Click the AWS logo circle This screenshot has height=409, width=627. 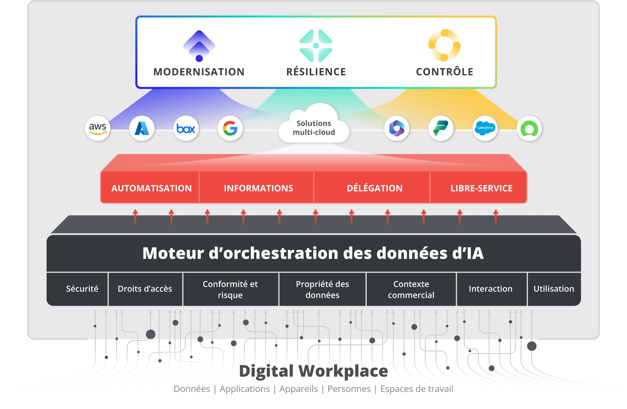(x=98, y=128)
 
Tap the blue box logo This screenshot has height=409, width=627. (x=186, y=128)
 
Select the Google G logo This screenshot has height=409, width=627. (x=230, y=128)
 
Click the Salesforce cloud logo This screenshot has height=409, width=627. (x=485, y=128)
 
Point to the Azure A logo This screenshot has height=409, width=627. (x=142, y=128)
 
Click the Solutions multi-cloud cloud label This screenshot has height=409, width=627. (x=314, y=128)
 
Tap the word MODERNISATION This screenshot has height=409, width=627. (x=199, y=72)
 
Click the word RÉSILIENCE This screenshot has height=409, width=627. (x=316, y=72)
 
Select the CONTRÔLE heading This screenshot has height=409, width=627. (x=444, y=72)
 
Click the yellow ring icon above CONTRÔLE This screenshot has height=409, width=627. (x=444, y=45)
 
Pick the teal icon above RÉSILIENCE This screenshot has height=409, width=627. (x=316, y=46)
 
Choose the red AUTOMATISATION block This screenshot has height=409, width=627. (x=151, y=188)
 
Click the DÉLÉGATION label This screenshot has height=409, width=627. (x=375, y=188)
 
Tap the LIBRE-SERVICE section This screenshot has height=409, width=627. (x=481, y=188)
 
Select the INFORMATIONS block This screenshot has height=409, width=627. (x=258, y=188)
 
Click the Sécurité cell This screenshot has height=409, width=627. (x=82, y=289)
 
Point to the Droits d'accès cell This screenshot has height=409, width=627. (x=145, y=289)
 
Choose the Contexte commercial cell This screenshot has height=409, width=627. (x=411, y=289)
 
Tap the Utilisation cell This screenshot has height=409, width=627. (x=554, y=289)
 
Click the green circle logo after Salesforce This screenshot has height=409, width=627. (x=529, y=128)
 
